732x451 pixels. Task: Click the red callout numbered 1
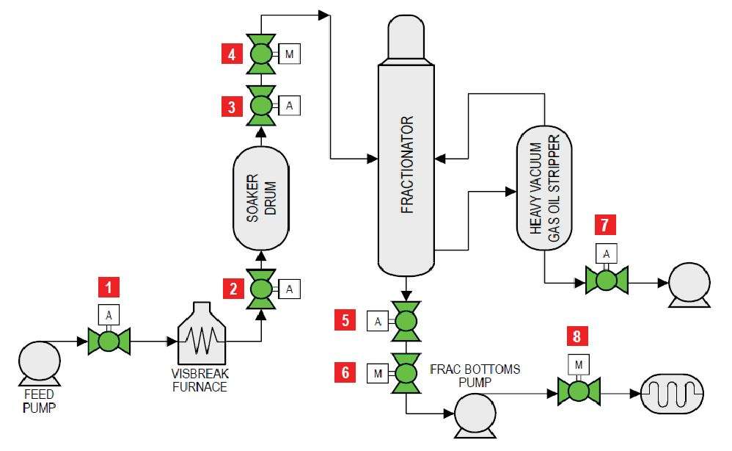(108, 286)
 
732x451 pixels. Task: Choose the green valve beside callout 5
(406, 321)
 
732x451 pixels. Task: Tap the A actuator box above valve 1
(109, 314)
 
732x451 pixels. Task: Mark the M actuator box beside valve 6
(377, 373)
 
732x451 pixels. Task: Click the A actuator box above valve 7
(607, 254)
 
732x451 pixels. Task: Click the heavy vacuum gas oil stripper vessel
(543, 189)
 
